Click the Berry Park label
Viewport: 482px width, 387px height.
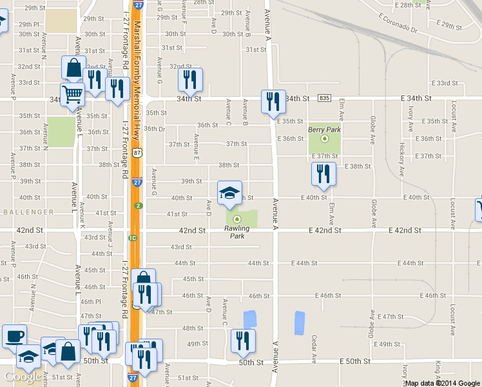324,130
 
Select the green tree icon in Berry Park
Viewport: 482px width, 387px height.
325,138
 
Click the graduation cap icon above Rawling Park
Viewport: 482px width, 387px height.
229,193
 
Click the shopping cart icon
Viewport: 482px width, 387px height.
72,94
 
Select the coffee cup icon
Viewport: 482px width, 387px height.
14,335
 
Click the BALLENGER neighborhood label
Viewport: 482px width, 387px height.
27,212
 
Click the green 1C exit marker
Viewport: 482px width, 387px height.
133,238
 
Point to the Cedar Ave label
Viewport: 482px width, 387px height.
314,348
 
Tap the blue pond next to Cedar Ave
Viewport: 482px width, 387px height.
298,322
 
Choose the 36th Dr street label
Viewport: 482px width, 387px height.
155,128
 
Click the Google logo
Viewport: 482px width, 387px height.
23,377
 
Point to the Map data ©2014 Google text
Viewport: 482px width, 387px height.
442,383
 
